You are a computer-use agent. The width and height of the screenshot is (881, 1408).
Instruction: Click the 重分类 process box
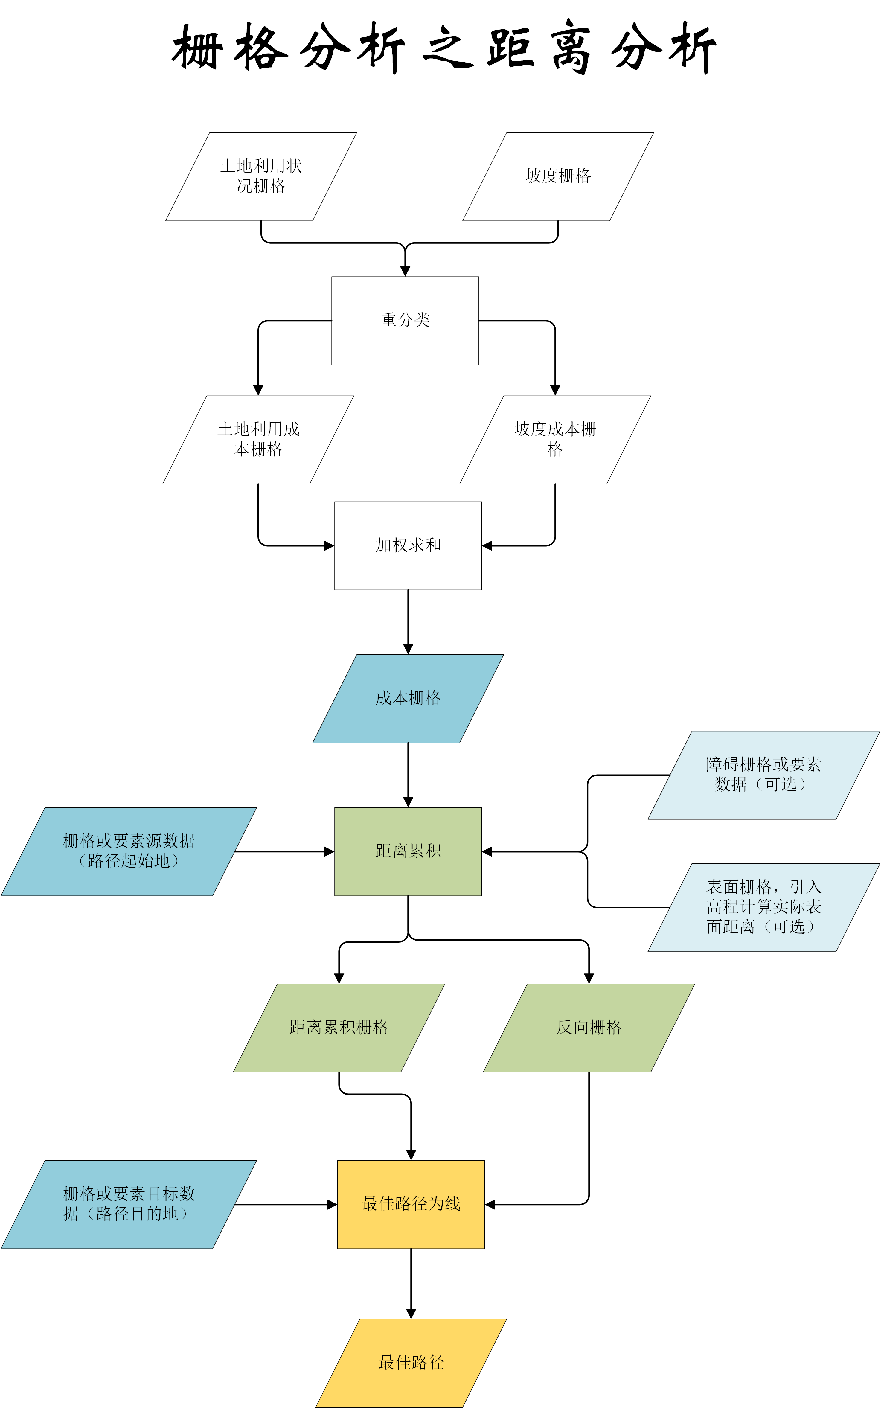(x=405, y=320)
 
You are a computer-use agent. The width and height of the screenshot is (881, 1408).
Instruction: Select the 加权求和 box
(x=408, y=545)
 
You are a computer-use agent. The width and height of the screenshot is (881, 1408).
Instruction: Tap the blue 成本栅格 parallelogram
(x=408, y=698)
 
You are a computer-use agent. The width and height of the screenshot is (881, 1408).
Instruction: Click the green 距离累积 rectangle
(x=408, y=851)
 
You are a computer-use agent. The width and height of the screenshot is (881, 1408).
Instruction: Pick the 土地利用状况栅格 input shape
(x=261, y=176)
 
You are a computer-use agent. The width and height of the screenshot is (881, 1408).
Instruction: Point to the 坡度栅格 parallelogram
(x=558, y=176)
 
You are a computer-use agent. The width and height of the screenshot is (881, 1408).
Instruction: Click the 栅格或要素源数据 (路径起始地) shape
(x=129, y=851)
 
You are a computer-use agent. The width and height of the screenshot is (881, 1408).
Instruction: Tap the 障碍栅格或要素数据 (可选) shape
(x=763, y=775)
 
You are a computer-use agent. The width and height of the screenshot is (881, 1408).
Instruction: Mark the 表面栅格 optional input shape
(x=763, y=907)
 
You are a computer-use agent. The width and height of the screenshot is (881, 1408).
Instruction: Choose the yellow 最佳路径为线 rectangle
(x=411, y=1204)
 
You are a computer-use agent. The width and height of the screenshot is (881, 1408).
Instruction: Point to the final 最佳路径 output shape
(x=411, y=1363)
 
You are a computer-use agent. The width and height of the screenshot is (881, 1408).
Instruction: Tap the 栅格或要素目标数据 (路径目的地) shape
(x=129, y=1204)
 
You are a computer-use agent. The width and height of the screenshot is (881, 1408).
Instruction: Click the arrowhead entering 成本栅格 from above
(x=408, y=649)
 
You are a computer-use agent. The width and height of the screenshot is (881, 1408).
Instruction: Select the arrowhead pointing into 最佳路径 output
(x=411, y=1313)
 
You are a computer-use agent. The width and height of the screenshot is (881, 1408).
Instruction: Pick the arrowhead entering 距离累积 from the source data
(x=329, y=852)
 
